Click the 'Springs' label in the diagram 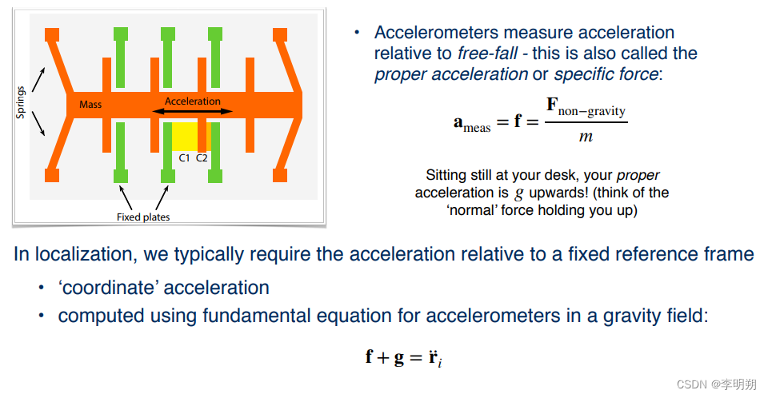[21, 103]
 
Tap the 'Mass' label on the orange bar [90, 104]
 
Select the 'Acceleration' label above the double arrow [192, 101]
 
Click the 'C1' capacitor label [184, 157]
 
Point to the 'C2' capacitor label [202, 157]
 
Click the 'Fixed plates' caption [143, 217]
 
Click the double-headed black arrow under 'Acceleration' [192, 112]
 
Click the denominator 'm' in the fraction [586, 137]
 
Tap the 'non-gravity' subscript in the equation [592, 111]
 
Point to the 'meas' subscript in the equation [478, 128]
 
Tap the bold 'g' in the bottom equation [398, 356]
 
